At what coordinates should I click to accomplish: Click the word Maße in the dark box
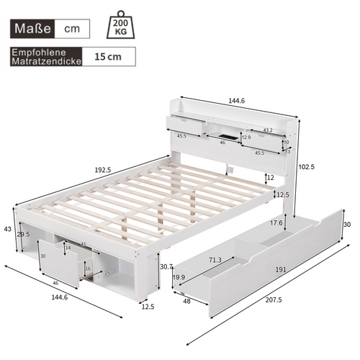click(x=34, y=29)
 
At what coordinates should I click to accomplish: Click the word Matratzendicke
click(x=43, y=62)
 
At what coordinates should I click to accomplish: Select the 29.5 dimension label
click(x=24, y=234)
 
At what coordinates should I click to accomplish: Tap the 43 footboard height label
click(x=8, y=229)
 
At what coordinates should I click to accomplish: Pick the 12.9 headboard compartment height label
click(x=246, y=137)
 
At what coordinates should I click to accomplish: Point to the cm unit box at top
click(x=73, y=29)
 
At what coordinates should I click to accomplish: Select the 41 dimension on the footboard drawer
click(x=84, y=245)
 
